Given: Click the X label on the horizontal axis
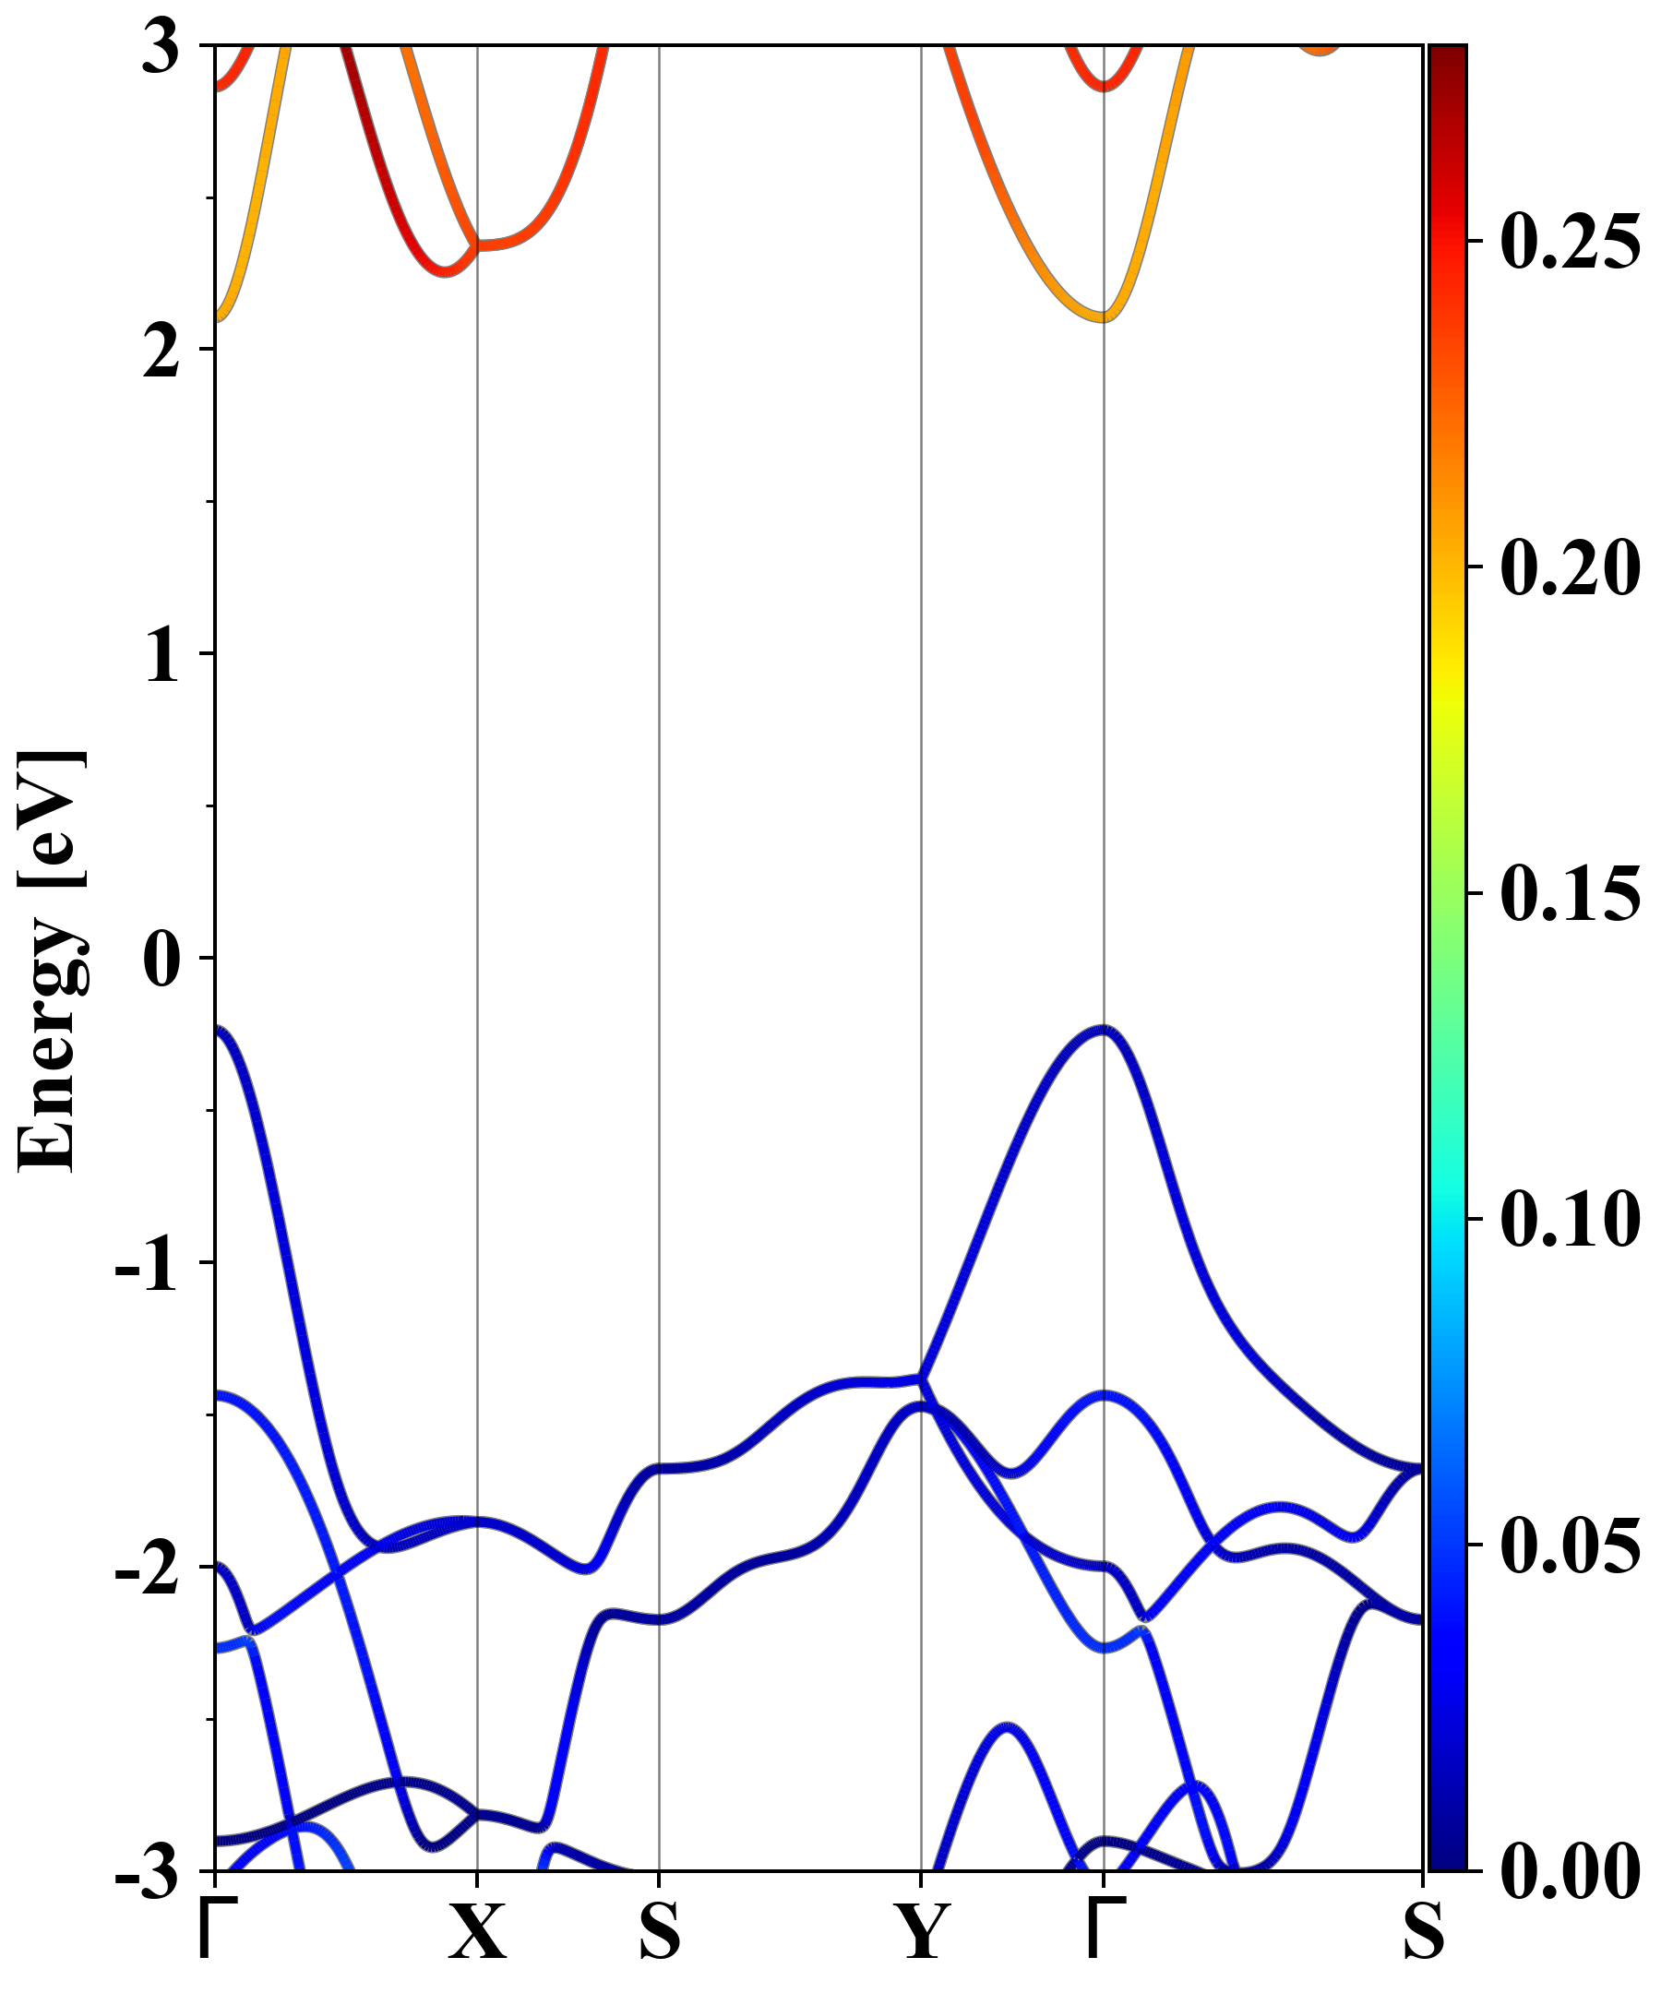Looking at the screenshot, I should click(x=476, y=1931).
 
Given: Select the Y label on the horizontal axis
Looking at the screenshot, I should click(x=922, y=1931).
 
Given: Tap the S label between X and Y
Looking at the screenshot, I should click(x=660, y=1931).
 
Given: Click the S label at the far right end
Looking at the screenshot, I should click(x=1424, y=1931).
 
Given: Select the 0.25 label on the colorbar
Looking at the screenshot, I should click(x=1570, y=241).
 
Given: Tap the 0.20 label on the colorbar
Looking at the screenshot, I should click(x=1570, y=567).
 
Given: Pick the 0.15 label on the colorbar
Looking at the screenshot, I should click(x=1570, y=893).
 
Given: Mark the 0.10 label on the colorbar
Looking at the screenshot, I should click(x=1570, y=1219).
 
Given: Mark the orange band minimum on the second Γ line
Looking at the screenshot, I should click(x=1103, y=316).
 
